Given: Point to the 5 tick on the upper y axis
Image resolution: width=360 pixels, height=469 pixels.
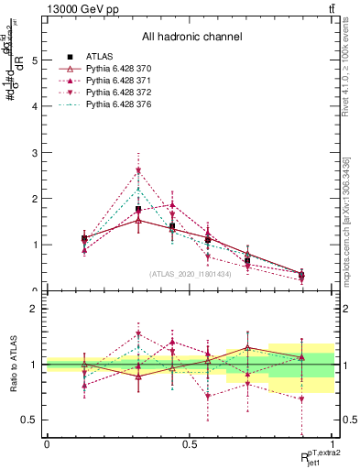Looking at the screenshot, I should [36, 60].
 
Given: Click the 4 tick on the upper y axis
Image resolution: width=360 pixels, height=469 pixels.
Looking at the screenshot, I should [36, 106].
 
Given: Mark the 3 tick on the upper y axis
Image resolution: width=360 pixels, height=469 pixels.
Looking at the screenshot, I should [36, 152].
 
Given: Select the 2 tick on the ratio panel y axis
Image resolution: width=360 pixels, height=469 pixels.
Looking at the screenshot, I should [36, 309].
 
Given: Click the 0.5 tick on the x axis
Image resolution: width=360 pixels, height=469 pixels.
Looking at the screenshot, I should [190, 444].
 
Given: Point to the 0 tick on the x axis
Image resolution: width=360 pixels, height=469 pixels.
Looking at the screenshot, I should [47, 444].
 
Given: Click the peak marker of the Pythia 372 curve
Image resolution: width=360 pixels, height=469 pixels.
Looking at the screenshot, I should [138, 171].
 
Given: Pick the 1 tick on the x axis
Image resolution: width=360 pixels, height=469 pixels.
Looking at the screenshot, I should [333, 444].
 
